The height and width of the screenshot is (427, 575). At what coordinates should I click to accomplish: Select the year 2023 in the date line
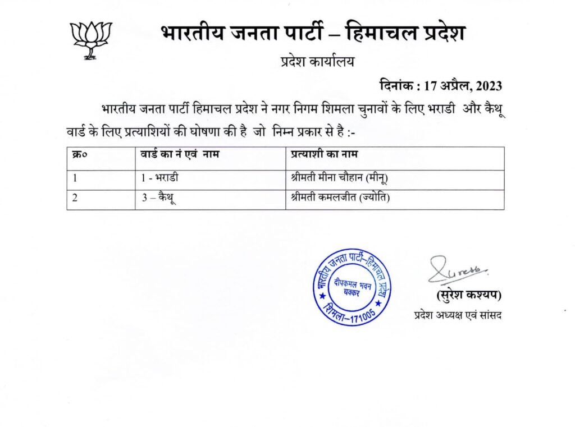(489, 86)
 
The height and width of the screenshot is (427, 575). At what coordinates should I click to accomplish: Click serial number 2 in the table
(75, 198)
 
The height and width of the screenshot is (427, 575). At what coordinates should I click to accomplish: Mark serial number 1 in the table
(75, 178)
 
